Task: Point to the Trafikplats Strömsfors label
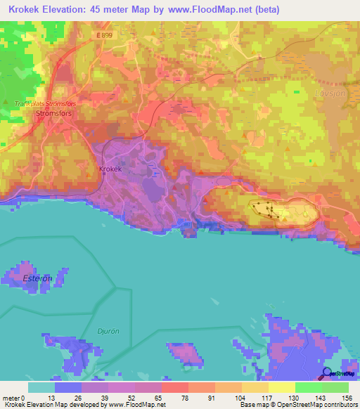pos(44,103)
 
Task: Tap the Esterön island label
pos(38,278)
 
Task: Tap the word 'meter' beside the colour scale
pos(11,398)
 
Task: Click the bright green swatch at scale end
pos(335,387)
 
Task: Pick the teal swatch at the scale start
pos(41,387)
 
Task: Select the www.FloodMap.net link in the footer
pos(136,405)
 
